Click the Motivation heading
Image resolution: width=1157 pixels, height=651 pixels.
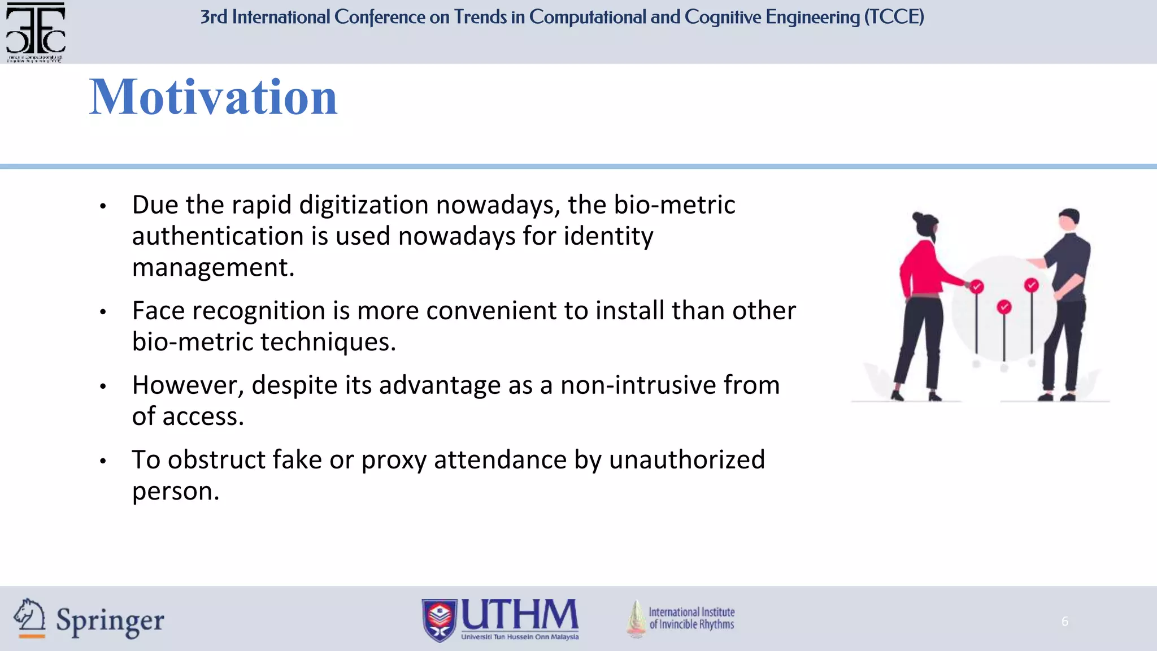click(213, 97)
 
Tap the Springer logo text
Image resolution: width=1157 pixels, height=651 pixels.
click(110, 621)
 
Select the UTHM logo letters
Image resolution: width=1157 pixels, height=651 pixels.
click(520, 615)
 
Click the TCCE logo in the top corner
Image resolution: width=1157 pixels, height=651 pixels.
click(35, 31)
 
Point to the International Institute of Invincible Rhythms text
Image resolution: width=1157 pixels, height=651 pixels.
click(691, 618)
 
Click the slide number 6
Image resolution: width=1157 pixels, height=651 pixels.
click(1064, 622)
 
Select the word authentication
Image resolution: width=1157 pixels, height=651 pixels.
click(217, 236)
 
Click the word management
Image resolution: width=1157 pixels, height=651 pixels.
click(213, 268)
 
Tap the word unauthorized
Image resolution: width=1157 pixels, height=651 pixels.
click(686, 459)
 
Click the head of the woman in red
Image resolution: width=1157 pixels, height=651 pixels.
click(926, 225)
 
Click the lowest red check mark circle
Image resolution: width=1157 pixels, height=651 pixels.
click(1004, 307)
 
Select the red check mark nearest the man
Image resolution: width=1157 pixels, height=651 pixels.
click(1032, 285)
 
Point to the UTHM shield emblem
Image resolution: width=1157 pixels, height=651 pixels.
click(440, 620)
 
